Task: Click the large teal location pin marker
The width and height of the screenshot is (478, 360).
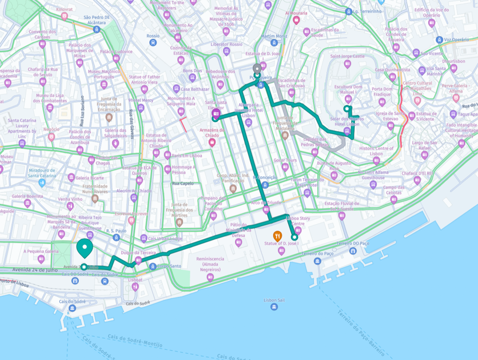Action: [x=85, y=248]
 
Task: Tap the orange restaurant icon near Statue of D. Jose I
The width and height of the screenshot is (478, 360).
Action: [x=277, y=235]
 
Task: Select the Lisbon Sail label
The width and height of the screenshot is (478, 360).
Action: [x=274, y=300]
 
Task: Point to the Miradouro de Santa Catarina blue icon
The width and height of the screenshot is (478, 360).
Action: [x=42, y=183]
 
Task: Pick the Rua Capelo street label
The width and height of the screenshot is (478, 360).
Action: [x=183, y=184]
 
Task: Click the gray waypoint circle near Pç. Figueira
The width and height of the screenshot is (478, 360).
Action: [x=257, y=67]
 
